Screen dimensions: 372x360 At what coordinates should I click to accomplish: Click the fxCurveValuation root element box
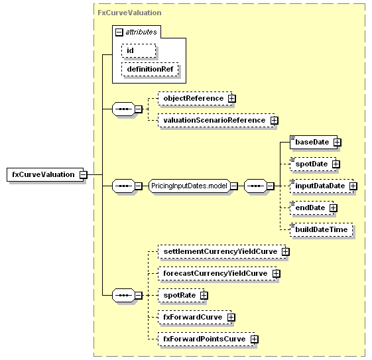(45, 175)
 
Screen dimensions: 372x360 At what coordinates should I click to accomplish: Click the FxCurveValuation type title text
(129, 13)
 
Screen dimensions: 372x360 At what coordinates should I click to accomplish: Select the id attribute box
(139, 50)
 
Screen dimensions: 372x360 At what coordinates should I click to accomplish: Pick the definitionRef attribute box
(150, 69)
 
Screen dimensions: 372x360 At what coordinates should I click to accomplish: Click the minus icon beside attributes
(119, 32)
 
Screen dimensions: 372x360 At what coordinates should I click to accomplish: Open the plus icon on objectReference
(232, 98)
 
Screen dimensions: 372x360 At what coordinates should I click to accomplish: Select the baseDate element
(314, 143)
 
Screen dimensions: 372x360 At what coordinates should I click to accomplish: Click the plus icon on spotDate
(336, 164)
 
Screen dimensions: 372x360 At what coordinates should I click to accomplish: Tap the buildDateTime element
(321, 229)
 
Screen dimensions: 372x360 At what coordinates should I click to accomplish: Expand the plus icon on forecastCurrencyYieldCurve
(276, 273)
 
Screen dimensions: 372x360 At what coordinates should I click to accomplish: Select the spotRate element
(181, 295)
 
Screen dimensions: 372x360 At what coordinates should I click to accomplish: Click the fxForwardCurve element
(195, 317)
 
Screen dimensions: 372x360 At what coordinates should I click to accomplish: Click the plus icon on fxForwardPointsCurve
(255, 339)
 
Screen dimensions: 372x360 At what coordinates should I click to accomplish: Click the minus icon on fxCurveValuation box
(84, 175)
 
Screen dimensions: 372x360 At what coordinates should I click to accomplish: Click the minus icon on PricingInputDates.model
(233, 186)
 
